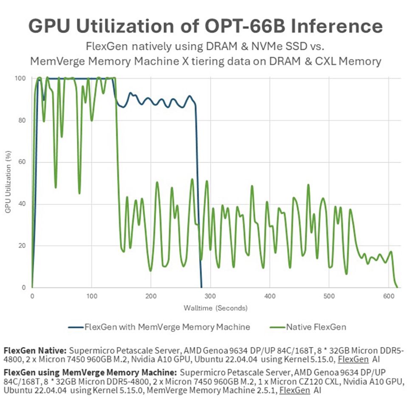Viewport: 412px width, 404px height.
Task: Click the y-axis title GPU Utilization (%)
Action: (x=8, y=183)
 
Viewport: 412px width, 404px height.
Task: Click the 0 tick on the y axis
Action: (x=25, y=288)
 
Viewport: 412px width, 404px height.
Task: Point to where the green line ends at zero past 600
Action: (x=397, y=287)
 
